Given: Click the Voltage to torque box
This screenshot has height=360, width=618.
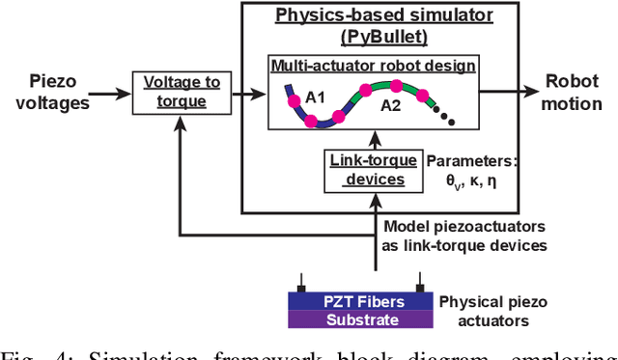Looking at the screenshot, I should click(183, 95).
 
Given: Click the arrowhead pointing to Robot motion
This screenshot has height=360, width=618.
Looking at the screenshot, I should click(532, 94).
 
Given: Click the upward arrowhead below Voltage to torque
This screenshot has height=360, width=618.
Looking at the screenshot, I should click(183, 122).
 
